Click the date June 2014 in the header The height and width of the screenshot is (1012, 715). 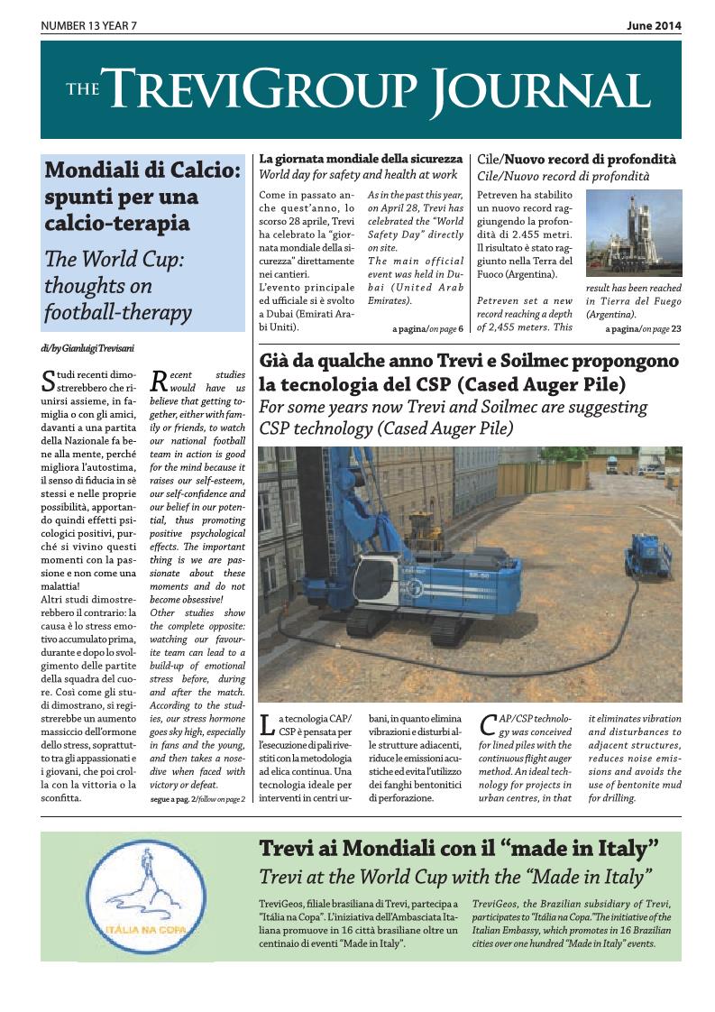(654, 26)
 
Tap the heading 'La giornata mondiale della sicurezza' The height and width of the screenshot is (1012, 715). (361, 159)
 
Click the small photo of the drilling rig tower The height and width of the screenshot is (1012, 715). (633, 233)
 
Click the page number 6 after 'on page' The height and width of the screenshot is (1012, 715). (461, 329)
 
